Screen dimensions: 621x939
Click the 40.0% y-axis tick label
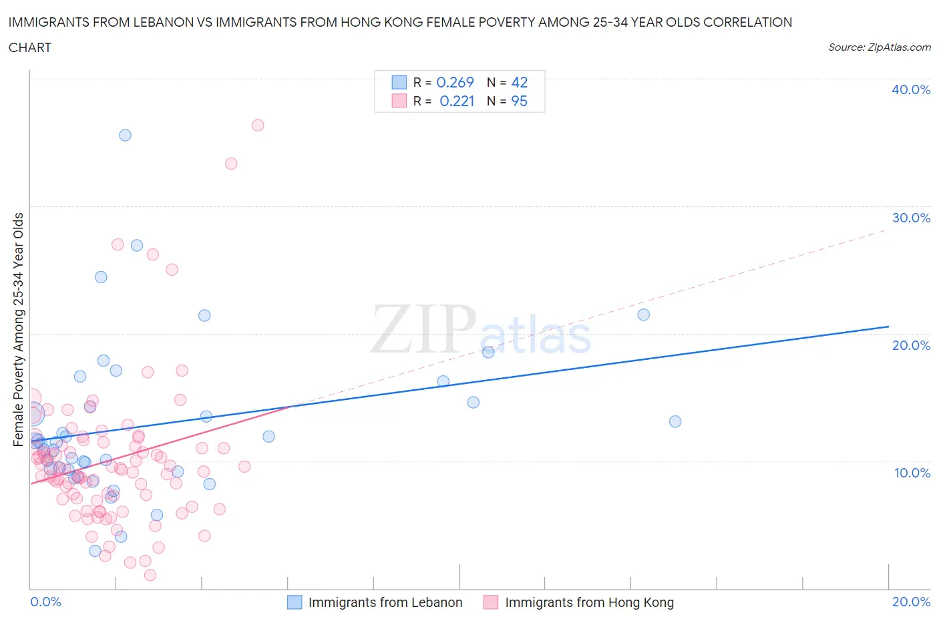(910, 89)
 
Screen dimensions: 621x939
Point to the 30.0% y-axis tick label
(910, 218)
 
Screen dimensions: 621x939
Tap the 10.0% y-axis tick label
(912, 473)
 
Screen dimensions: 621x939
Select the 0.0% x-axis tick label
(45, 602)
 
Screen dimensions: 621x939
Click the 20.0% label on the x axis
(911, 602)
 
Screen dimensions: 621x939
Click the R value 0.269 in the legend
(455, 82)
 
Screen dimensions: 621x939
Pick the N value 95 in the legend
(519, 101)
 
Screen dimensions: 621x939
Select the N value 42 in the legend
(519, 82)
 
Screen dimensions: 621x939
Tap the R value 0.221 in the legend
(457, 101)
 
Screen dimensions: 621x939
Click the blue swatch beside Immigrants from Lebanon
(295, 602)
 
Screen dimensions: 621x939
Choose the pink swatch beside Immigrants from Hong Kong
(491, 602)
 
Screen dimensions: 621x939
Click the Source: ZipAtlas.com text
(879, 47)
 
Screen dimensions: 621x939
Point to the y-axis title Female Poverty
(18, 329)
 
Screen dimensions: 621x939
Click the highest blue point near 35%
(125, 135)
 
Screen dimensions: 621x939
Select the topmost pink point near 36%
(258, 125)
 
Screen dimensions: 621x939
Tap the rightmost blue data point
(675, 421)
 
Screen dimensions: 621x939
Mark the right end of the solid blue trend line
(888, 327)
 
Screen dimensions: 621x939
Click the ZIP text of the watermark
(423, 329)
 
